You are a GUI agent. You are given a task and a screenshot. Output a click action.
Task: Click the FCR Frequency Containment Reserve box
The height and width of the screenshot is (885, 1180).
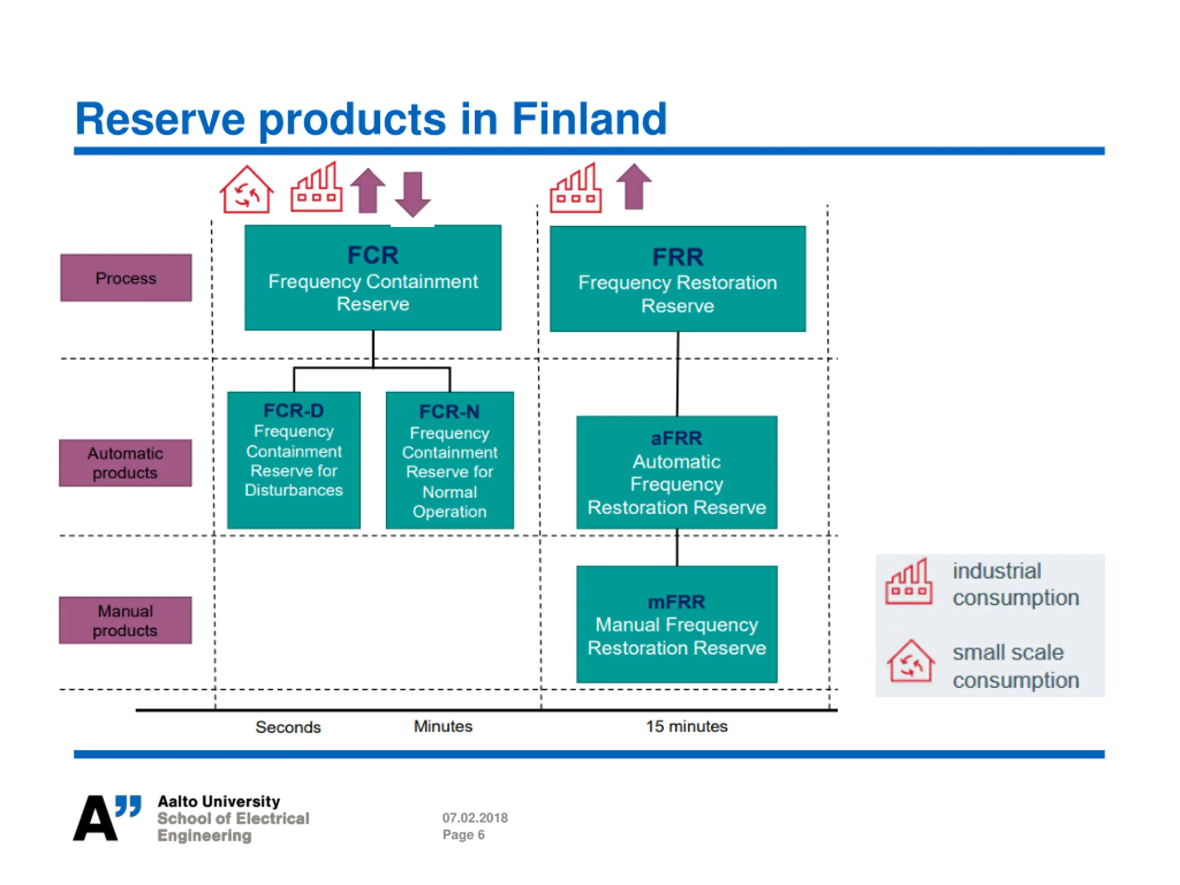click(x=372, y=277)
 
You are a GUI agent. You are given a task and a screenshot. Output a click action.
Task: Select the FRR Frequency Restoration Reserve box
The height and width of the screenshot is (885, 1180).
click(x=678, y=278)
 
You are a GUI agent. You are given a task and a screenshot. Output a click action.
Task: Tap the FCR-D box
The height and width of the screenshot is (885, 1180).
click(x=294, y=460)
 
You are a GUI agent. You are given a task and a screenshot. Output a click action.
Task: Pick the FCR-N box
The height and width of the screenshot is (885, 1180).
click(x=450, y=460)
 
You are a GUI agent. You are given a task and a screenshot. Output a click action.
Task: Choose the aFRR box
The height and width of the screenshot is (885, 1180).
click(x=676, y=472)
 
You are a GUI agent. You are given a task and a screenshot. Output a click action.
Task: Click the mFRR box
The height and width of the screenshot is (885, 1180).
click(x=676, y=624)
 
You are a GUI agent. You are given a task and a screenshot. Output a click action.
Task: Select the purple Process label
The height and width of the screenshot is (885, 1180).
click(x=126, y=277)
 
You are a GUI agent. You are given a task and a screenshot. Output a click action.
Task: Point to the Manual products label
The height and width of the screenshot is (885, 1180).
click(x=125, y=620)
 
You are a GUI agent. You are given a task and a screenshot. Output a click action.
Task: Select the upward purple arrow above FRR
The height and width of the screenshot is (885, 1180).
click(x=634, y=187)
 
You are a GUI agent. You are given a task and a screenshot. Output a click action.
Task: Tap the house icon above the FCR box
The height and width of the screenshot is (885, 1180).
click(x=247, y=190)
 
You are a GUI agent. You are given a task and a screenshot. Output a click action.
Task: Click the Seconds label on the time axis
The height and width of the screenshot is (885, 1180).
click(x=288, y=727)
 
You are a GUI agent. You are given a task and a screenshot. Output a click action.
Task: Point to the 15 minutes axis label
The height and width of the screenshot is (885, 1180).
click(x=686, y=726)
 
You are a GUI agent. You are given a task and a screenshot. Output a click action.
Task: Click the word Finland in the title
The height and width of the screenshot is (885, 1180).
click(x=589, y=118)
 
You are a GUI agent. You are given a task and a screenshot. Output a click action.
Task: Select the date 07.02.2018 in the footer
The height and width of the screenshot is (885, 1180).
click(x=475, y=817)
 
